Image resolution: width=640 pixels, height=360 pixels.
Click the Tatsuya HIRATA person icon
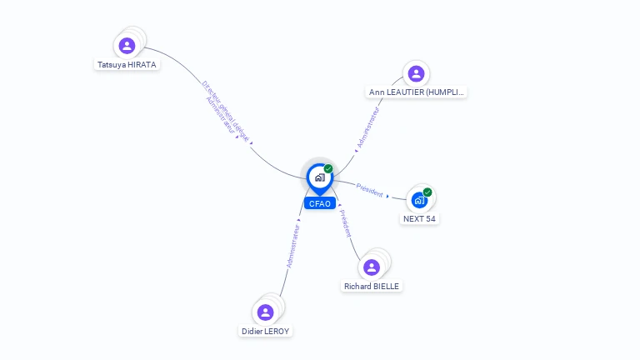(x=127, y=45)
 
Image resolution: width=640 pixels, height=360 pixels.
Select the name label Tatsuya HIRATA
(x=127, y=64)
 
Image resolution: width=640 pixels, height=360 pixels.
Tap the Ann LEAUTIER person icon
(x=416, y=73)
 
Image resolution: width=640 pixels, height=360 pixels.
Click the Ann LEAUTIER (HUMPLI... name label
(x=417, y=92)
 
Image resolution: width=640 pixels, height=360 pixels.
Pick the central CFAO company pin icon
(x=319, y=177)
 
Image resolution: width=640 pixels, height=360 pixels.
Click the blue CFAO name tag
(x=319, y=203)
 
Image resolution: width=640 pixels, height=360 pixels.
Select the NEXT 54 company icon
(x=420, y=200)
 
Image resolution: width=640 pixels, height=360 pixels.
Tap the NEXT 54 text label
(x=419, y=219)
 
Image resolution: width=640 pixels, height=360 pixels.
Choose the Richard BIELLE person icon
(x=372, y=267)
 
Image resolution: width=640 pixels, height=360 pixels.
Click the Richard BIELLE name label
(x=372, y=286)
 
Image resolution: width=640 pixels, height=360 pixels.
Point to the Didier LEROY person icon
(x=265, y=312)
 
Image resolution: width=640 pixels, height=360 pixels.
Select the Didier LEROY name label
(x=266, y=331)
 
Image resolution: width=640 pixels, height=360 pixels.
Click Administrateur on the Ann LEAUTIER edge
(x=367, y=127)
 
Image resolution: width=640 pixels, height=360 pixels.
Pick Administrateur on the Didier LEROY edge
(x=292, y=245)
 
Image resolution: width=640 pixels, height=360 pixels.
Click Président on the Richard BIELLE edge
(x=346, y=223)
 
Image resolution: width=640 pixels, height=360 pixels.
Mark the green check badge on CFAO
(x=328, y=168)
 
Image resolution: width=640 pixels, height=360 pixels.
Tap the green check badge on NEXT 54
(x=427, y=192)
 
